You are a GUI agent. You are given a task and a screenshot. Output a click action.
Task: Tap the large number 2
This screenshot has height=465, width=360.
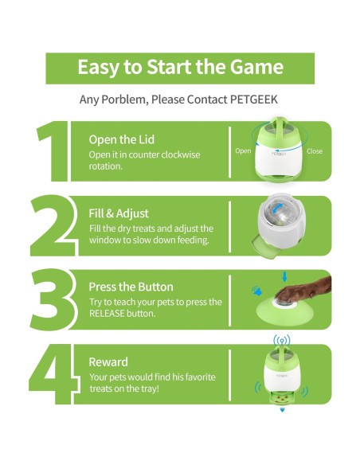tap(53, 225)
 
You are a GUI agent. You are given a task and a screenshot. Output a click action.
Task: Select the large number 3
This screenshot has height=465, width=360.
tap(53, 299)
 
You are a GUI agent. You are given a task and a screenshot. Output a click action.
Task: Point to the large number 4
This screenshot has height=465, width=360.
tap(53, 374)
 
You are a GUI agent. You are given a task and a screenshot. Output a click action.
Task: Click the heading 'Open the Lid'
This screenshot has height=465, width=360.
tap(122, 139)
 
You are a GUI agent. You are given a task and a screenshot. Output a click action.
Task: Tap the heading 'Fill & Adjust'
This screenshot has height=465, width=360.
tap(119, 213)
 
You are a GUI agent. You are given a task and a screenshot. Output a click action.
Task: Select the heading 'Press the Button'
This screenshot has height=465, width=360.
tap(131, 287)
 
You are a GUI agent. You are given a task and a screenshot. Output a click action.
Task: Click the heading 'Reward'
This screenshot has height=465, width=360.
tap(108, 362)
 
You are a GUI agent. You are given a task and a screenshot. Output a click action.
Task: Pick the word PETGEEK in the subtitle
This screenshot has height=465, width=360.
tap(254, 100)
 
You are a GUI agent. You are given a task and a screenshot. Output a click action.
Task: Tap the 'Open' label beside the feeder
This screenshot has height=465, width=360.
tap(243, 151)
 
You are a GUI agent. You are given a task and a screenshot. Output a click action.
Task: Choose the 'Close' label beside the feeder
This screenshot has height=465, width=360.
tap(315, 151)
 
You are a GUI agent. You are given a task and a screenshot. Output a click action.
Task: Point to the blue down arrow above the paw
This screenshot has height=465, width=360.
tap(284, 277)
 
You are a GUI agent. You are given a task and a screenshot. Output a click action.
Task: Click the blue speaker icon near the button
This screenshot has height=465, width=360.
tap(256, 291)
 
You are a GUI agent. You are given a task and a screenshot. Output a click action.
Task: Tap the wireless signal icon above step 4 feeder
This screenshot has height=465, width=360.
tap(282, 340)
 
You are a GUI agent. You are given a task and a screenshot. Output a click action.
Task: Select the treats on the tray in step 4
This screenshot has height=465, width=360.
tap(282, 398)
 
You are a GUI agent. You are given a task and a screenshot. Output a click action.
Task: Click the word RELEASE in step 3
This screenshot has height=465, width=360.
tap(107, 314)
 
